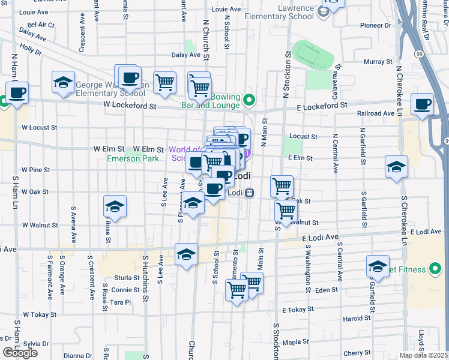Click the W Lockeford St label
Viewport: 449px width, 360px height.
click(129, 106)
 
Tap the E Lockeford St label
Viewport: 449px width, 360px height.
click(322, 104)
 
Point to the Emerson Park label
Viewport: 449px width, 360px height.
click(133, 158)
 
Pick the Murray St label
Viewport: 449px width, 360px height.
click(378, 62)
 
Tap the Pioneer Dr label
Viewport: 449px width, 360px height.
click(376, 26)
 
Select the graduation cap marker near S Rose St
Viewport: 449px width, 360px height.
click(114, 208)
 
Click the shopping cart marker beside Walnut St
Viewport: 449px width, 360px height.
click(286, 211)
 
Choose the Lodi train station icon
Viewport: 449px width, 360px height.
click(249, 193)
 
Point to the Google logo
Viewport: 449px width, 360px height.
click(20, 352)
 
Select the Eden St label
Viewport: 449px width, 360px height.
click(327, 290)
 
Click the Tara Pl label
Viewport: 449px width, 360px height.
click(120, 302)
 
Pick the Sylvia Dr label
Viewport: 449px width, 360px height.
click(36, 343)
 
